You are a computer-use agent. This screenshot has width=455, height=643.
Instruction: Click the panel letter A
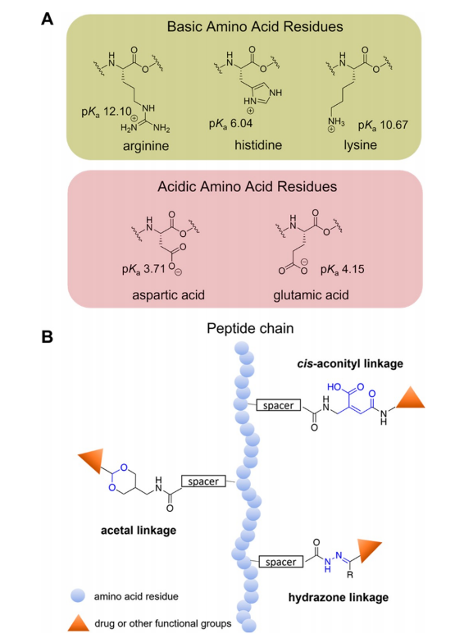point(48,18)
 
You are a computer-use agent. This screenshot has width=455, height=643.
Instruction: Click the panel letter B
point(48,336)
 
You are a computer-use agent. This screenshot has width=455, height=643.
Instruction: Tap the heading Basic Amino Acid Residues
point(255,26)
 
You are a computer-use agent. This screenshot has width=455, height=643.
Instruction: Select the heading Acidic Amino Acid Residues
point(248,187)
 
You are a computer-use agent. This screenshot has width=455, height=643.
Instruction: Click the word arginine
point(146,146)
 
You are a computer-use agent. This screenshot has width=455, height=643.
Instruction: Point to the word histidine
point(258,144)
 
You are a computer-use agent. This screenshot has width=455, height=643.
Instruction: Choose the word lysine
point(361,145)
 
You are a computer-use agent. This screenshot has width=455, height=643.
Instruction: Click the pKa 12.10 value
point(107,112)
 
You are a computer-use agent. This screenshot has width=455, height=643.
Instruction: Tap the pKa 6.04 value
point(231,123)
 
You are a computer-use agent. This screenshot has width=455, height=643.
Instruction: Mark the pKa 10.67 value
point(383,125)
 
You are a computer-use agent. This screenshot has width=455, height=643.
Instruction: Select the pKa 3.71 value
point(143,269)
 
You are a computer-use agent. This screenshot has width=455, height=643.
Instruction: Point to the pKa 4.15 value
point(343,269)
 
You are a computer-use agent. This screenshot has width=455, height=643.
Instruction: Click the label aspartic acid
point(168,295)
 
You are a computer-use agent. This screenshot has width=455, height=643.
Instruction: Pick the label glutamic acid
point(312,295)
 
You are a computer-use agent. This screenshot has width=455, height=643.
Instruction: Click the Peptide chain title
point(250,328)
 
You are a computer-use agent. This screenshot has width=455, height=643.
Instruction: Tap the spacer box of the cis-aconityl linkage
point(279,405)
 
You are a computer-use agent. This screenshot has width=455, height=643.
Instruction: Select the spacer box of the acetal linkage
point(203,481)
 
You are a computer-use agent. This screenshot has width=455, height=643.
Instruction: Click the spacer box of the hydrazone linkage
point(280,561)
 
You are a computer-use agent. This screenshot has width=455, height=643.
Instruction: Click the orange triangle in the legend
point(79,623)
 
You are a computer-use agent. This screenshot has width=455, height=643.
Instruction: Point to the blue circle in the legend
point(78,595)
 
